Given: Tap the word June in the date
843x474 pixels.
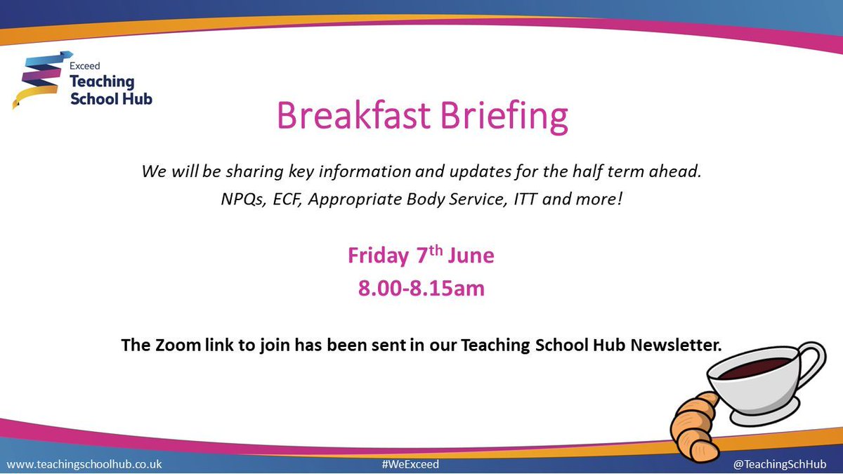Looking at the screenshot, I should click(x=471, y=256).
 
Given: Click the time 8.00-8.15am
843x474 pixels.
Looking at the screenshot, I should click(x=421, y=288).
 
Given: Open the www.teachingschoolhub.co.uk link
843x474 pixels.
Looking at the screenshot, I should click(x=84, y=464).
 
